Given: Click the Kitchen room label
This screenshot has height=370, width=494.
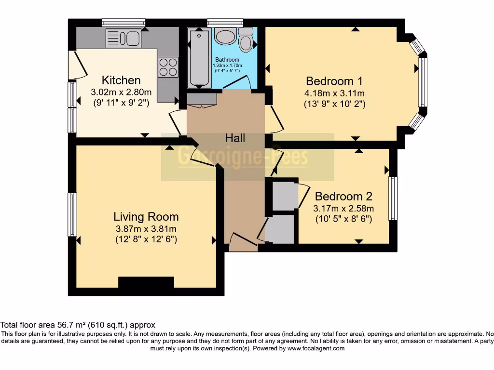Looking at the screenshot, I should (121, 80).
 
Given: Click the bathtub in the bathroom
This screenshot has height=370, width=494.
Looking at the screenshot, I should (198, 58).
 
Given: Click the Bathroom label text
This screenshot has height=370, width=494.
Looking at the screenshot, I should (227, 60).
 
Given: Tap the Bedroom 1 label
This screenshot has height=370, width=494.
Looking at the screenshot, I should (334, 81).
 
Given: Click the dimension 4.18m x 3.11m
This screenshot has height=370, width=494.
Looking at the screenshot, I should (334, 93).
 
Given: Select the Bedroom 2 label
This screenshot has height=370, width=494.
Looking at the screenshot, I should (343, 197).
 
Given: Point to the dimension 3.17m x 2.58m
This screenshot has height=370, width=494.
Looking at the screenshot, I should (343, 209).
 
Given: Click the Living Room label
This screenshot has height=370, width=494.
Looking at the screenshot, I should (146, 217).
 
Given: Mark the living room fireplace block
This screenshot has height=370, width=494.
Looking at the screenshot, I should (146, 283).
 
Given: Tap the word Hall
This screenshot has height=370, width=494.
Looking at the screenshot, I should (235, 138).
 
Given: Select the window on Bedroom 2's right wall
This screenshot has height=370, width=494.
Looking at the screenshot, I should (393, 198).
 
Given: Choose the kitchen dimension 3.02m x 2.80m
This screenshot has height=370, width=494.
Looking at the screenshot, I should (121, 92).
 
